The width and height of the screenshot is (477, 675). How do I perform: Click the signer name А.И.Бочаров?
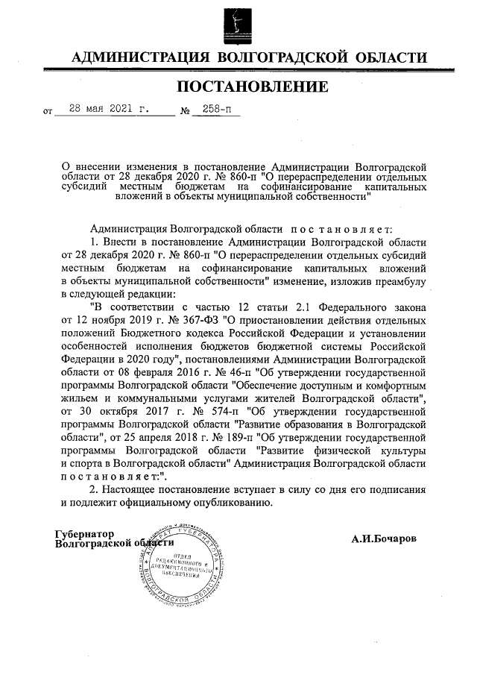(384, 538)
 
